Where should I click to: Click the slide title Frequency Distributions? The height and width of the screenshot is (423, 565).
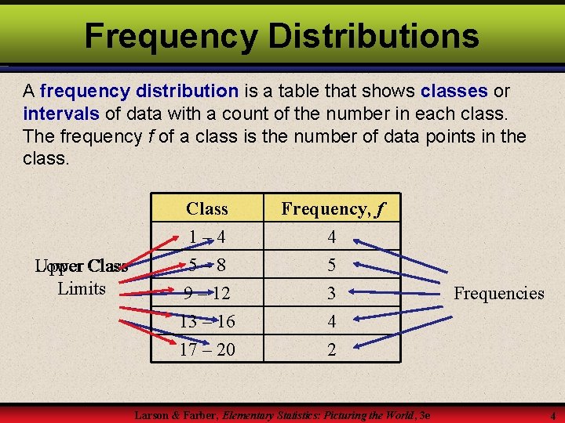(x=282, y=35)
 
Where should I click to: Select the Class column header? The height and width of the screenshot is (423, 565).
(x=207, y=208)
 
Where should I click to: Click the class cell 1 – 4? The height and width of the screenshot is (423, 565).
(x=207, y=237)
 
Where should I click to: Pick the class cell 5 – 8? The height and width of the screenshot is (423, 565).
(x=207, y=265)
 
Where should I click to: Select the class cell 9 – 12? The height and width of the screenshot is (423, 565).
(x=207, y=293)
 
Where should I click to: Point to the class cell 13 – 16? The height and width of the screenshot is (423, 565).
(x=207, y=321)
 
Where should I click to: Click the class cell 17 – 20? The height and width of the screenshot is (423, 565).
(x=207, y=349)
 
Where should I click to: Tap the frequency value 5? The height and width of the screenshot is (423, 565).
(x=331, y=265)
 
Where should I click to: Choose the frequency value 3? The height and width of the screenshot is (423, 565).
(x=331, y=293)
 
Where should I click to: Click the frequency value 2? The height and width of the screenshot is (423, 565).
(x=331, y=349)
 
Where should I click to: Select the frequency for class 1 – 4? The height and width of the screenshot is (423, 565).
(x=331, y=237)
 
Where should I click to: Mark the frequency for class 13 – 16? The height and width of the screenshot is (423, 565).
(x=331, y=321)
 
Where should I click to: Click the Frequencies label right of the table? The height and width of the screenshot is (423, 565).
(x=499, y=293)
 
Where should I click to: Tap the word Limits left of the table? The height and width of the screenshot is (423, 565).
(x=82, y=288)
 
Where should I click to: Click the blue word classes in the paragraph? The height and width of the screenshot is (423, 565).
(x=454, y=90)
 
